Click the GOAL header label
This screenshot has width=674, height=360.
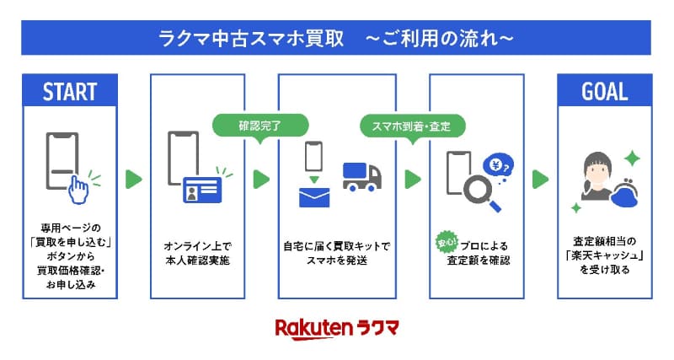tap(605, 91)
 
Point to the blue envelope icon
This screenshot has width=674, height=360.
tap(314, 196)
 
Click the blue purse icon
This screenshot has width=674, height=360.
tap(636, 196)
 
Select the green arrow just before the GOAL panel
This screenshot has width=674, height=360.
tap(540, 179)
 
